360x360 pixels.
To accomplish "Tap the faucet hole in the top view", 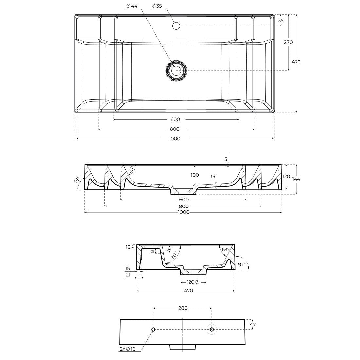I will click(176, 26).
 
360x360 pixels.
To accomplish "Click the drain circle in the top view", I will click(176, 70).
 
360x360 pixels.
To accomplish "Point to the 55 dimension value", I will click(281, 20).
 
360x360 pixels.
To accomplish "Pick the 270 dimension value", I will click(288, 42).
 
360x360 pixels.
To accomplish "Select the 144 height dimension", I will click(297, 179).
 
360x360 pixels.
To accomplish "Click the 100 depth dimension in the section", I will click(195, 175).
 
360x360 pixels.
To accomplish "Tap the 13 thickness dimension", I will click(213, 177).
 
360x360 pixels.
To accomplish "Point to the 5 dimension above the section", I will click(226, 159).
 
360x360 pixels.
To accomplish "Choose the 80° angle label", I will click(173, 255).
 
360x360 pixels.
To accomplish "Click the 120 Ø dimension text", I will click(193, 282).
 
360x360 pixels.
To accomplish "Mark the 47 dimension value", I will click(252, 324).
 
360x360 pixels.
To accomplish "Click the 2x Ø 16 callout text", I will click(128, 349).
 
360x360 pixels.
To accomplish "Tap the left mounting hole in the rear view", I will click(153, 329).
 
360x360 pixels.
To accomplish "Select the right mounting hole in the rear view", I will click(212, 329).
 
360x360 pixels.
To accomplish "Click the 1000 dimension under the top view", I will click(174, 139).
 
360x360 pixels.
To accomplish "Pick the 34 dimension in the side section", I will click(169, 250).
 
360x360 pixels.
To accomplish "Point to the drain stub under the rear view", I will click(182, 347).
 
